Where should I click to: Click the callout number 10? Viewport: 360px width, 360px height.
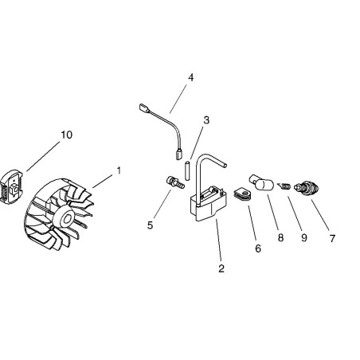click(67, 135)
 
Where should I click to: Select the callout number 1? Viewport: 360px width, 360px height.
click(119, 170)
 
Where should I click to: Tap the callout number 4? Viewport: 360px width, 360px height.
click(190, 78)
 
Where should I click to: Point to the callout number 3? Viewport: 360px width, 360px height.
click(206, 120)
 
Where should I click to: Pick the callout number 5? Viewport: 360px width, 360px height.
click(151, 225)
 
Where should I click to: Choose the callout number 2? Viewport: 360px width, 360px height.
click(221, 268)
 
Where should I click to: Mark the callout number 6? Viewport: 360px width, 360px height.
click(258, 248)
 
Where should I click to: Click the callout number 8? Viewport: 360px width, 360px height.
click(280, 237)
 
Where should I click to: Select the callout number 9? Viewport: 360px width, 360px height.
click(304, 237)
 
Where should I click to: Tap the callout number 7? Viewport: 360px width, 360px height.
click(332, 238)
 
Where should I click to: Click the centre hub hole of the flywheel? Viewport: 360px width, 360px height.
click(66, 219)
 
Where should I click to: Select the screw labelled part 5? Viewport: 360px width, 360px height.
click(175, 182)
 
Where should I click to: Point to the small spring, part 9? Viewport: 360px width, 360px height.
click(284, 186)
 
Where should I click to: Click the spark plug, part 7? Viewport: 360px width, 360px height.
click(307, 187)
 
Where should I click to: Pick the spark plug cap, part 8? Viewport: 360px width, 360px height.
click(261, 182)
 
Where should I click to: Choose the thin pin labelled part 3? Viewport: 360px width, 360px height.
click(187, 170)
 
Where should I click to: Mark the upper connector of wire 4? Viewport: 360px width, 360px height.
click(144, 108)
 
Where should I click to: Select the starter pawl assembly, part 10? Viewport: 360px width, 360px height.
click(11, 187)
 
